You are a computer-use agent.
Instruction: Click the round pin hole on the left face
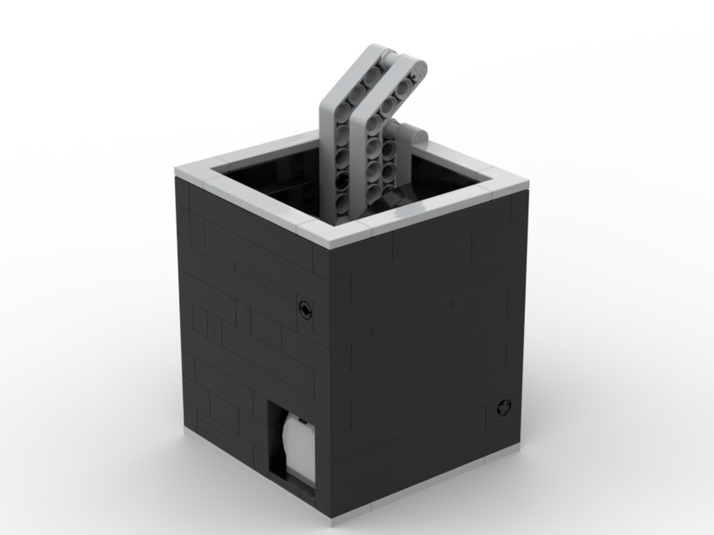pos(305,309)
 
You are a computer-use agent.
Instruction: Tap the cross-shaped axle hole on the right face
pos(503,408)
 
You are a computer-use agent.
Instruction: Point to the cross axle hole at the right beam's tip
pos(417,68)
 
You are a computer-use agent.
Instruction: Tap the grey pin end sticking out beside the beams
pos(418,134)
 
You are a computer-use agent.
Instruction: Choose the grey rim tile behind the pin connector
pos(457,158)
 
